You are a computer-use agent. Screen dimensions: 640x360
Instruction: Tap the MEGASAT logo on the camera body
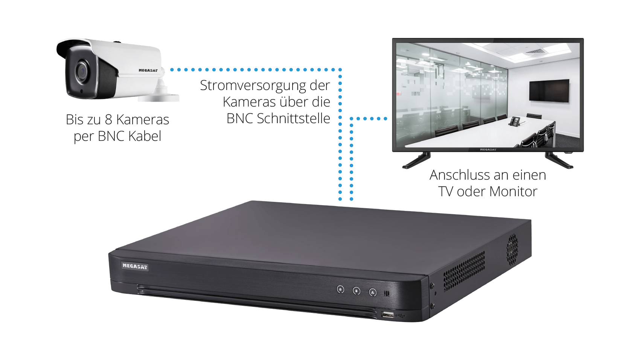148,70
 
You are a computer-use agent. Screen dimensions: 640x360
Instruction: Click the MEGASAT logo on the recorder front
135,266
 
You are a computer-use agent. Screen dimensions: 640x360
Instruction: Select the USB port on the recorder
388,315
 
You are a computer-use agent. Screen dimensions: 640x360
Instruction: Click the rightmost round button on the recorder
373,292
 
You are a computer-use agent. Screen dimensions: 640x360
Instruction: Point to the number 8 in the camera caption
108,119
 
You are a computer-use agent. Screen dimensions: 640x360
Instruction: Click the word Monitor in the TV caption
514,191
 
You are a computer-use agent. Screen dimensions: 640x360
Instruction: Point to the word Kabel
145,136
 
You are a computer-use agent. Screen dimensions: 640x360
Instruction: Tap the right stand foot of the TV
559,160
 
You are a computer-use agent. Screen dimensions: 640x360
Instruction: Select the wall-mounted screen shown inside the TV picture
549,91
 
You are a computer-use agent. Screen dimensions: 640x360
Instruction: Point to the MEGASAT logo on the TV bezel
488,149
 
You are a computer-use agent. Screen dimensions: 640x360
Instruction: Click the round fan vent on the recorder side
512,249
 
